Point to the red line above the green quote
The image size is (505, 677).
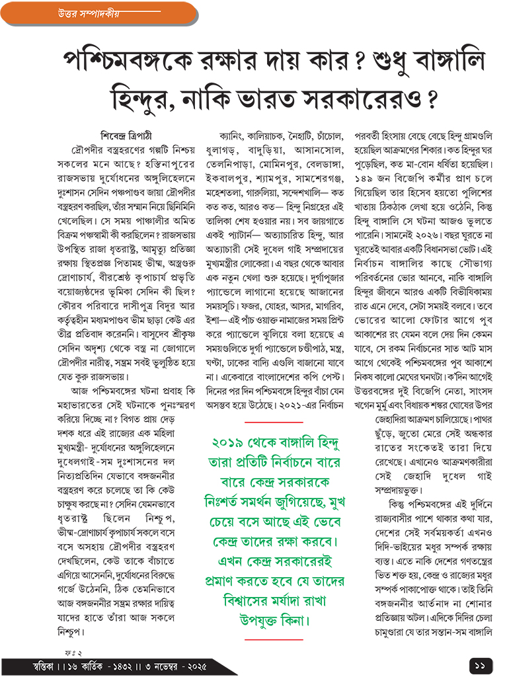click(274, 421)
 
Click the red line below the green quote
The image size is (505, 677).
click(274, 639)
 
